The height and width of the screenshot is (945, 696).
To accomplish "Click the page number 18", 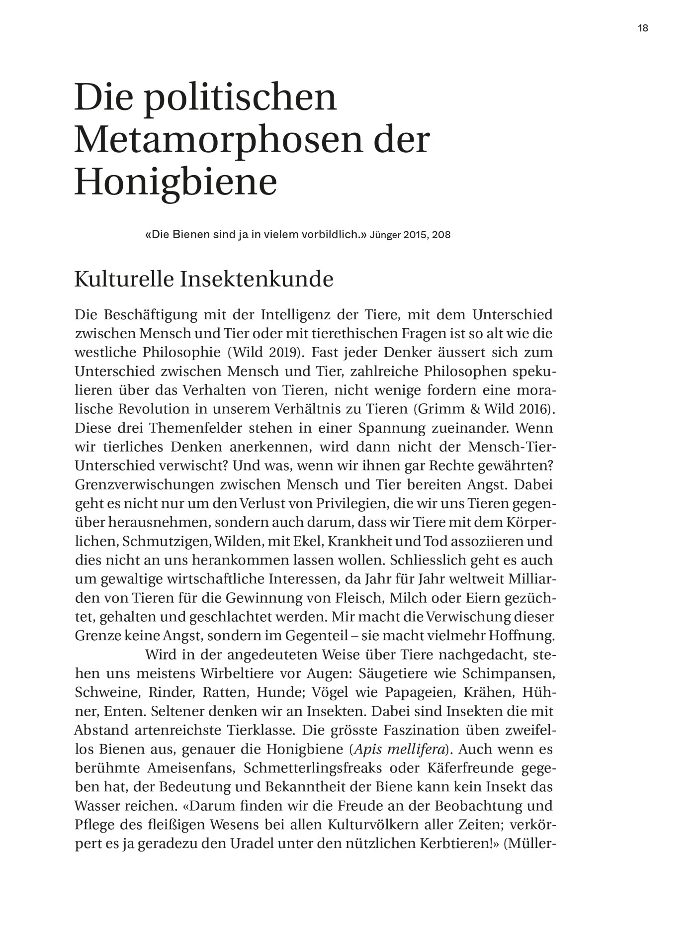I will point(643,28).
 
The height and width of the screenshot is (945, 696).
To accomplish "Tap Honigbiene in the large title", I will point(175,182).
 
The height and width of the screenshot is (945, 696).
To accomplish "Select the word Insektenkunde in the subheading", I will point(257,280).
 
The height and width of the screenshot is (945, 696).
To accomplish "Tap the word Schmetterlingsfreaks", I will point(313,768).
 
